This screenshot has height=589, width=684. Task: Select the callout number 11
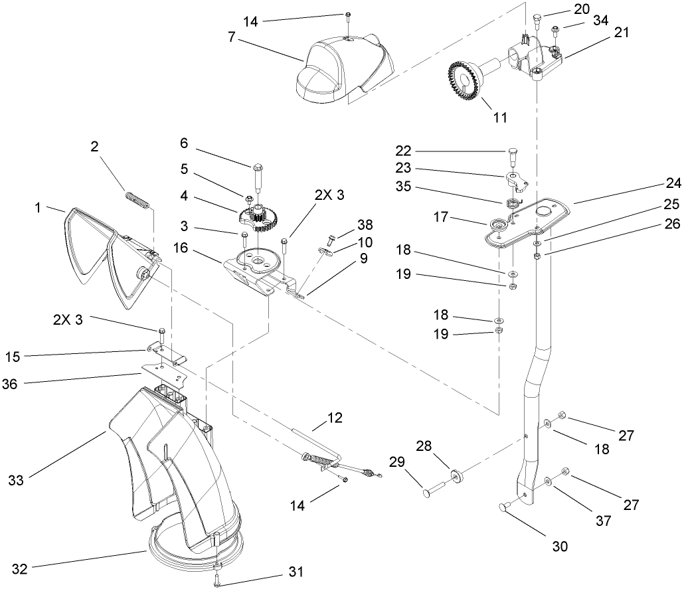point(500,117)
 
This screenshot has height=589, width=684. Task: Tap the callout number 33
point(16,479)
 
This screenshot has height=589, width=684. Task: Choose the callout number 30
point(559,547)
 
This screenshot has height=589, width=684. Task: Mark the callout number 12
point(336,418)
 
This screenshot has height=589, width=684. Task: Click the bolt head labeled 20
point(538,18)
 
